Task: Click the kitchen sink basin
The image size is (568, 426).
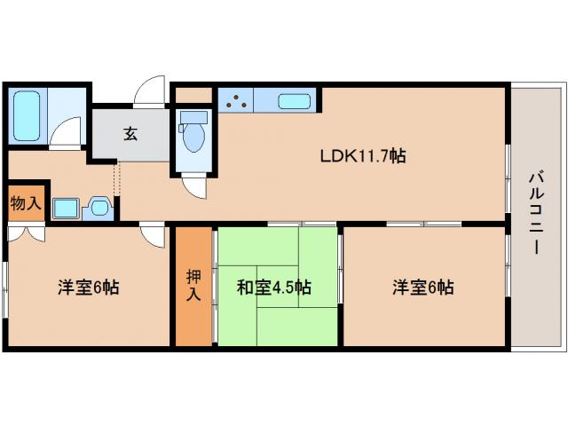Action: [x=294, y=101]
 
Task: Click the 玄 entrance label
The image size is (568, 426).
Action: [x=130, y=134]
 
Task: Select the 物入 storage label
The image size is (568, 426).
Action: [x=25, y=203]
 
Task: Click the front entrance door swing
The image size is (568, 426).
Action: [x=151, y=92]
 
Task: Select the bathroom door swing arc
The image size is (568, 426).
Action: [x=65, y=138]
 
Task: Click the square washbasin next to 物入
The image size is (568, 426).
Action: [x=65, y=209]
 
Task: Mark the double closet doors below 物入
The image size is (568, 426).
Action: [x=27, y=235]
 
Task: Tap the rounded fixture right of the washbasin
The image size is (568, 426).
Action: [x=99, y=209]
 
